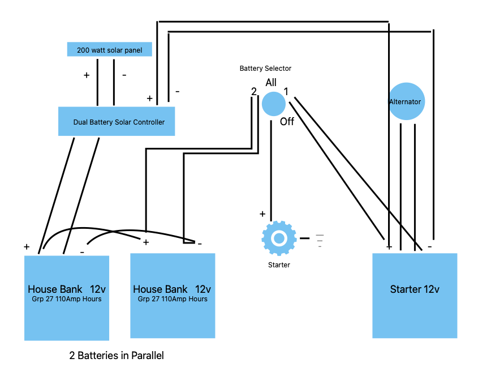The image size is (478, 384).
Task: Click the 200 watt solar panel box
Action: [109, 49]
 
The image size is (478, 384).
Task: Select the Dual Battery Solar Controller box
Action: [117, 121]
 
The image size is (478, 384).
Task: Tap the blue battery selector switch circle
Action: [273, 104]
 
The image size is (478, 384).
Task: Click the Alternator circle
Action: [407, 101]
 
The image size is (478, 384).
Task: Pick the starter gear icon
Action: [279, 238]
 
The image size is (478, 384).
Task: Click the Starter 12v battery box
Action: [415, 296]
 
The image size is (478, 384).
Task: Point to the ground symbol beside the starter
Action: [320, 241]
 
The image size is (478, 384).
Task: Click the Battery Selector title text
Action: [265, 69]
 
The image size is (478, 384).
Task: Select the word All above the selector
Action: [271, 83]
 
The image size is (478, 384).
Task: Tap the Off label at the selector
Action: [287, 122]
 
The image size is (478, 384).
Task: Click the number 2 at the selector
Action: [253, 91]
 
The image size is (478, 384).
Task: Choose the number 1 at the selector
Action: [286, 91]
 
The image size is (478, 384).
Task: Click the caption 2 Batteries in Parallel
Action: [117, 356]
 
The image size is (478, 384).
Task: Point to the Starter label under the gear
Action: [279, 265]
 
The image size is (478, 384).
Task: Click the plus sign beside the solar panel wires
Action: [87, 75]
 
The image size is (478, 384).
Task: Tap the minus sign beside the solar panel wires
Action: [124, 75]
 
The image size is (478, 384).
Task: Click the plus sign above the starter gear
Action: [262, 214]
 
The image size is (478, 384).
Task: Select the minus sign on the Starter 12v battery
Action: [429, 246]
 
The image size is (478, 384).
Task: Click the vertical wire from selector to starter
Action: [271, 170]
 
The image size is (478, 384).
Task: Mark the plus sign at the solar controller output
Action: [149, 99]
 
